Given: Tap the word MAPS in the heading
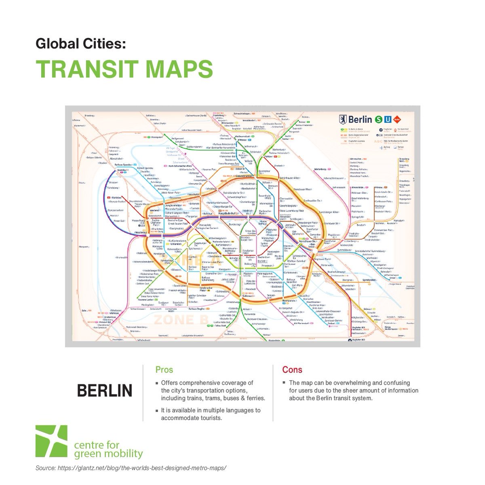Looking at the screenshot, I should [178, 69].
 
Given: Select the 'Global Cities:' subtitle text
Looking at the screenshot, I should [81, 43].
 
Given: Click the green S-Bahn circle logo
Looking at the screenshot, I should [378, 119].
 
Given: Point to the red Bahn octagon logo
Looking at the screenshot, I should [398, 119].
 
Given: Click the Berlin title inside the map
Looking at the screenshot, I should [360, 119].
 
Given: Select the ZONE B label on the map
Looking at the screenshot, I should [180, 320].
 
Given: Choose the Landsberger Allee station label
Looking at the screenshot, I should [329, 212].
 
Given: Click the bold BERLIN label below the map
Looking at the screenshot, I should [104, 391].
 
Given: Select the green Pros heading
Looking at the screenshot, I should [164, 370].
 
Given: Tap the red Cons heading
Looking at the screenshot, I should [292, 370].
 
